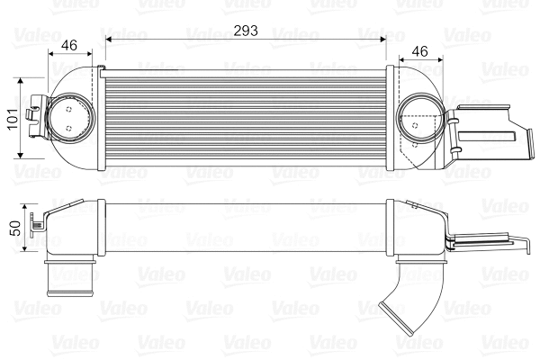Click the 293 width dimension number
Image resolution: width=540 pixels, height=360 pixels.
pyautogui.click(x=246, y=31)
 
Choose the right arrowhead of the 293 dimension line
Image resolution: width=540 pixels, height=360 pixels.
pyautogui.click(x=382, y=40)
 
